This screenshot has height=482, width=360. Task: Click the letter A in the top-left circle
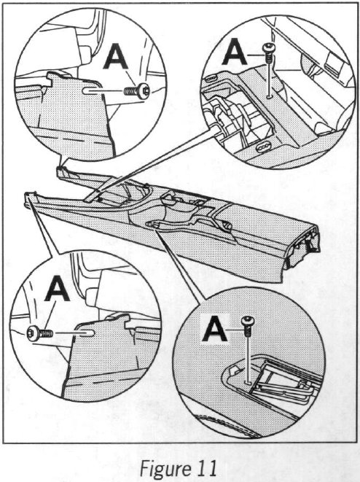tap(115, 56)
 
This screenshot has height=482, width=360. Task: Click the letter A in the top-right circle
tap(235, 52)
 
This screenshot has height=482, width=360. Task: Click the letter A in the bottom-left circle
tap(57, 288)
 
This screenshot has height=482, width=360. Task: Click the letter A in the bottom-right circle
tap(214, 328)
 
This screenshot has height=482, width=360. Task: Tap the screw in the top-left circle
tap(137, 91)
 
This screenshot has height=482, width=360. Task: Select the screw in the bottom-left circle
tap(39, 333)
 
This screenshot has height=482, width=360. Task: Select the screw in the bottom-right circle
tap(247, 325)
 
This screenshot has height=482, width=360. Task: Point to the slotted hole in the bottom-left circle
tap(87, 333)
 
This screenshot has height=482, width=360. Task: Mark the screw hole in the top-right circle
tap(270, 97)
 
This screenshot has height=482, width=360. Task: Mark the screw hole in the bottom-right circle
tap(248, 383)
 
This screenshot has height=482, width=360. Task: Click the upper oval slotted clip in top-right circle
tap(210, 79)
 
